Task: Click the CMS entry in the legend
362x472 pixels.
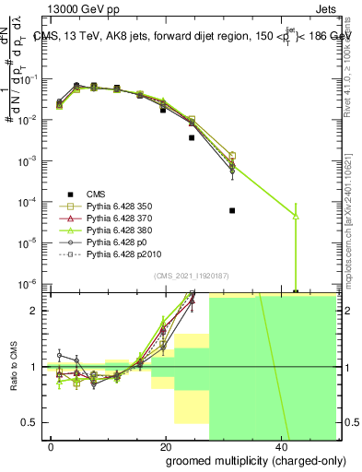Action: [x=97, y=194]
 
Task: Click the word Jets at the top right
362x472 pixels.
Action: [x=342, y=7]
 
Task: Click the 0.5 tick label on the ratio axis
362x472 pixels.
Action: [x=31, y=422]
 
